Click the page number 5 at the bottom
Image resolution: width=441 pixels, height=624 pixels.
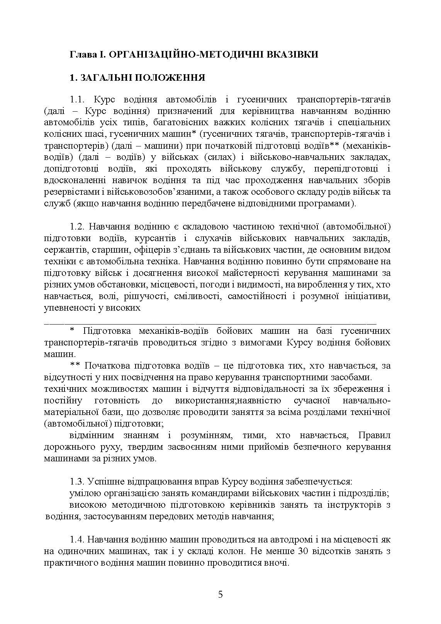coord(220,594)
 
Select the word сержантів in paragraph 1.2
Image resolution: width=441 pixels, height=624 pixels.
coord(62,250)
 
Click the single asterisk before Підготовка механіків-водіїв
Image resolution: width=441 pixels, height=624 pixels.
coord(72,331)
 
